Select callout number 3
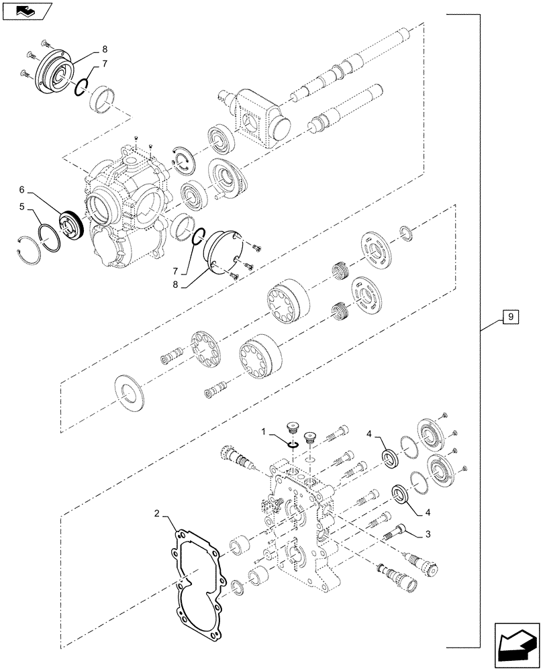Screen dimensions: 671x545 point(427,534)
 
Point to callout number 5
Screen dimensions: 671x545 point(23,207)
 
